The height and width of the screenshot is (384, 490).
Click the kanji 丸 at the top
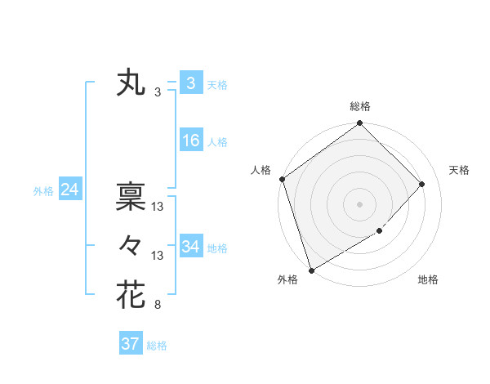(131, 83)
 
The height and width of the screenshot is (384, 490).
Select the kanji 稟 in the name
(131, 196)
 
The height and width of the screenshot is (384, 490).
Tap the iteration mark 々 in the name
(131, 245)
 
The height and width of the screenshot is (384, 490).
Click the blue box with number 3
(190, 83)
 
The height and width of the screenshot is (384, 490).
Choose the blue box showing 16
(190, 141)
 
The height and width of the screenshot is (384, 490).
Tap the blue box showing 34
(190, 247)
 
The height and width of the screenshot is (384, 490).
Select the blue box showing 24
(69, 190)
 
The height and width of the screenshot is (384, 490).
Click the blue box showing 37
(130, 344)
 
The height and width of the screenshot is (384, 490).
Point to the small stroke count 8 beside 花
(158, 306)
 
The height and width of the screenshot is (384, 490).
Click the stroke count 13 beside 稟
(158, 208)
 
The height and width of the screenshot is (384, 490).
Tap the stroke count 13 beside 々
(158, 256)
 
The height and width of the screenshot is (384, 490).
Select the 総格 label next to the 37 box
(157, 346)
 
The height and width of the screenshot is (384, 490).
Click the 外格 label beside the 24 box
(43, 191)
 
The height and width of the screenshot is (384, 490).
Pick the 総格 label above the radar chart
(360, 106)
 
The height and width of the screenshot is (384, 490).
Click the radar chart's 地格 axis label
(428, 280)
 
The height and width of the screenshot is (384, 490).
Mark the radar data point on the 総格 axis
(359, 124)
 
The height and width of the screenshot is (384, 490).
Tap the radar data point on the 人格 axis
(282, 179)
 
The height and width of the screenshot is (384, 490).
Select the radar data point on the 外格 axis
(311, 270)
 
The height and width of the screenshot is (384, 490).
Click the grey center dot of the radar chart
(359, 203)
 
